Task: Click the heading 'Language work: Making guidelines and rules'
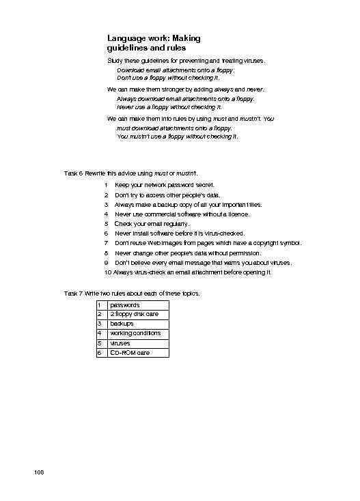tap(154, 44)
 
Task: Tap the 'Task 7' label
tap(73, 293)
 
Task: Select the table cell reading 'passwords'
tap(125, 304)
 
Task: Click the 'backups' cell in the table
tap(122, 324)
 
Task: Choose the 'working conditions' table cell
tap(135, 333)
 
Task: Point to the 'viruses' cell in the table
tap(122, 343)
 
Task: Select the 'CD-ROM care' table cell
tap(130, 353)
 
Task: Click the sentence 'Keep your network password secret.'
tap(165, 185)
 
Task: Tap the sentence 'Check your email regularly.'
tap(153, 223)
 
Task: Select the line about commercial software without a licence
tap(182, 214)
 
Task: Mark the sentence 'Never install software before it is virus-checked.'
tap(180, 233)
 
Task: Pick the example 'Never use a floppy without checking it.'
tap(169, 107)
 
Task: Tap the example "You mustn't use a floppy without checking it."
tap(178, 136)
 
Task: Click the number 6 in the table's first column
tap(100, 353)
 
